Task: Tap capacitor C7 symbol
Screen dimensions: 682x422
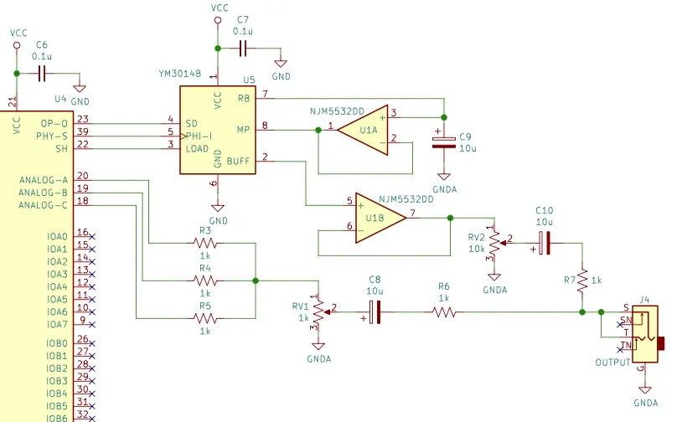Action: pyautogui.click(x=243, y=49)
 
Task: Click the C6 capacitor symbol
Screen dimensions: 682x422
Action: pyautogui.click(x=42, y=74)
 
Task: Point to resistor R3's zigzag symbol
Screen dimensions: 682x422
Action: pyautogui.click(x=205, y=243)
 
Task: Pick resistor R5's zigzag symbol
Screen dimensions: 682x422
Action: pyautogui.click(x=205, y=318)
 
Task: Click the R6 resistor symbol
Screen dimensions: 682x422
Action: pyautogui.click(x=444, y=312)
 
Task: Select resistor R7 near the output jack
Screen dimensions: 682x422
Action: pyautogui.click(x=582, y=280)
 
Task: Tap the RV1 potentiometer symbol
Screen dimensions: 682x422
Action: pyautogui.click(x=320, y=312)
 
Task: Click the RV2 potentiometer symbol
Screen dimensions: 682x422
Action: pyautogui.click(x=496, y=243)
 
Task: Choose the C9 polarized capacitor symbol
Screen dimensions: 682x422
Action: pyautogui.click(x=444, y=142)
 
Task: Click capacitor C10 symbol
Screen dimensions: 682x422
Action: pyautogui.click(x=544, y=243)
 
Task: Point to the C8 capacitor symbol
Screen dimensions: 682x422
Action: pyautogui.click(x=375, y=312)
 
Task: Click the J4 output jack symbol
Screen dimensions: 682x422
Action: pyautogui.click(x=645, y=334)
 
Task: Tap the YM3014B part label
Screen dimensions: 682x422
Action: pyautogui.click(x=180, y=74)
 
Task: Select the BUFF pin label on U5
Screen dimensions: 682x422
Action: pyautogui.click(x=238, y=162)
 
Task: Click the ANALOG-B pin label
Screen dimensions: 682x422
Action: pyautogui.click(x=43, y=193)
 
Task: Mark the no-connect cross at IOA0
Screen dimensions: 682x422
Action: pyautogui.click(x=92, y=237)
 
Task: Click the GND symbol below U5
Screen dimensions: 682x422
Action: pyautogui.click(x=218, y=208)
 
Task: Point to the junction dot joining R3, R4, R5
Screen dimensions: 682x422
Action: pyautogui.click(x=256, y=280)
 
